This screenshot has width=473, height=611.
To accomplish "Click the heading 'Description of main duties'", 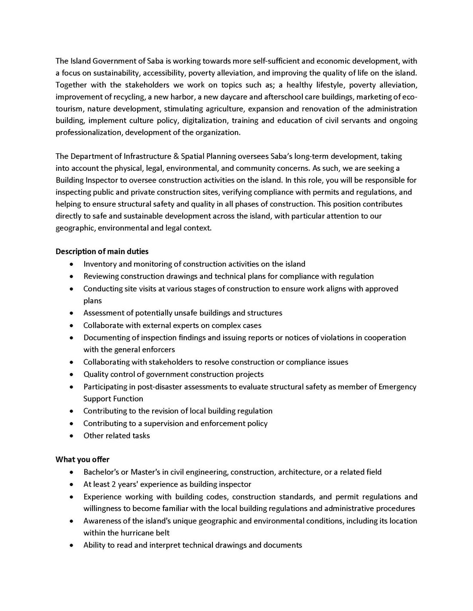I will click(x=102, y=251).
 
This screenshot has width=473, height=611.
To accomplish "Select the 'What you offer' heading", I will click(x=82, y=459).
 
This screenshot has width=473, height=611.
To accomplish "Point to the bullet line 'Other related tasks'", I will click(x=117, y=435).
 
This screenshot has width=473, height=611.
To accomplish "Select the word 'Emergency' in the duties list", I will click(x=397, y=386).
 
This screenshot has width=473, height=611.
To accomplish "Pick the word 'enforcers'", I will click(x=158, y=350).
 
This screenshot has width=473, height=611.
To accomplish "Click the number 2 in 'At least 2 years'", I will click(x=114, y=484).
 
